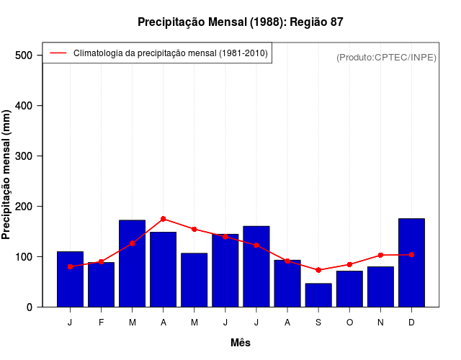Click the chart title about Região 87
tap(240, 22)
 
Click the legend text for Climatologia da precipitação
tap(171, 53)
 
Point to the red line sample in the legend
tap(58, 53)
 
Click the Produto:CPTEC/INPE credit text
tap(386, 57)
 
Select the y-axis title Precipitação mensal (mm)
tap(7, 175)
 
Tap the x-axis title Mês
tap(241, 343)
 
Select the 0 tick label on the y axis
tap(30, 307)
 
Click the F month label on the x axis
tap(102, 323)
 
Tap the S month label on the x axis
tap(318, 323)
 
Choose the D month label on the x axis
tap(411, 323)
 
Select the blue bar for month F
tap(102, 285)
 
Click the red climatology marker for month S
tap(318, 270)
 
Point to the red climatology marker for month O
tap(349, 265)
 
